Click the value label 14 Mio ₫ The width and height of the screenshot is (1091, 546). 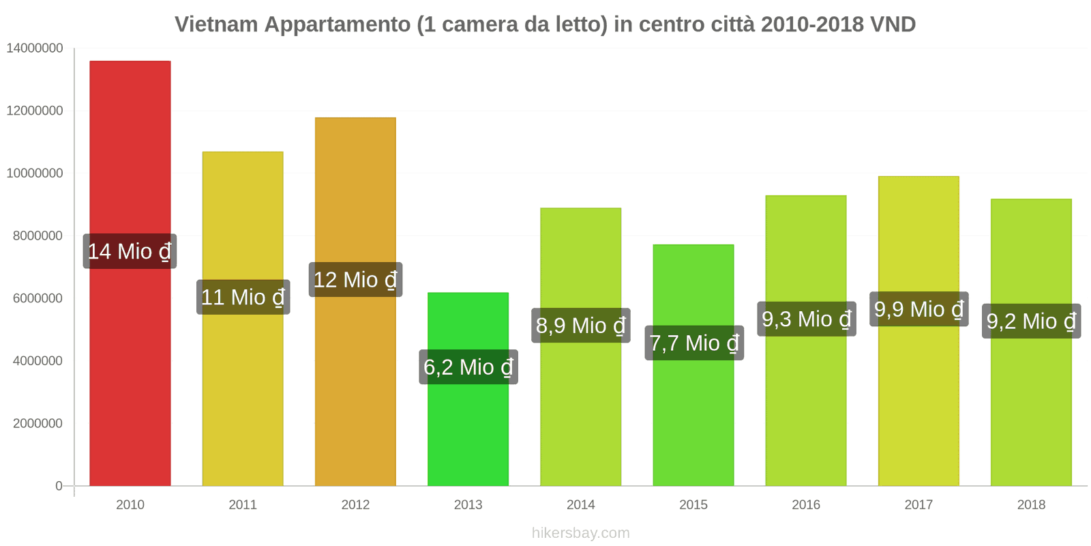click(x=130, y=251)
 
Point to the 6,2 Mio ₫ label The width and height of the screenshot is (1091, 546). click(x=468, y=367)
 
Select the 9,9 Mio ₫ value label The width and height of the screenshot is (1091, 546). click(x=918, y=309)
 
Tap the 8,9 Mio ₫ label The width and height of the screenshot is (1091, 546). click(x=580, y=326)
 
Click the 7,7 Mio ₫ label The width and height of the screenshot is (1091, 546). click(x=693, y=343)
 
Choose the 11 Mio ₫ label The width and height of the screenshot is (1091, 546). click(x=243, y=297)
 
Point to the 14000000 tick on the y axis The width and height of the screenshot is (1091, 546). click(x=34, y=48)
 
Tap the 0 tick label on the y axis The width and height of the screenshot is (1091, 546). click(x=59, y=486)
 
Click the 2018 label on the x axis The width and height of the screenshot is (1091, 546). click(x=1030, y=505)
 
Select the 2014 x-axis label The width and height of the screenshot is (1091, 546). click(x=580, y=505)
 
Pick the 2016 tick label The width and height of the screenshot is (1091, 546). click(x=805, y=505)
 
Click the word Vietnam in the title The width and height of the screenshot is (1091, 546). click(x=216, y=25)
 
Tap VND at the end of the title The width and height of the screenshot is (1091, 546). click(x=893, y=25)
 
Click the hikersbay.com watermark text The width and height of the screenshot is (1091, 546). click(x=580, y=533)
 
